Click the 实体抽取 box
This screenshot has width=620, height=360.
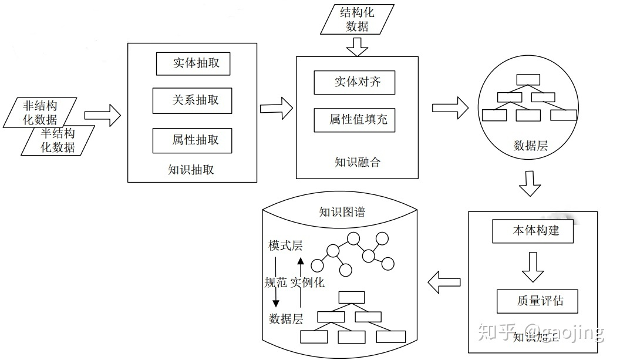coord(193,63)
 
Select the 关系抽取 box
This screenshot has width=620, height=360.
coord(193,100)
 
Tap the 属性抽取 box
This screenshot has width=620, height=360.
coord(193,140)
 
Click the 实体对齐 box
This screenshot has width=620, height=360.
coord(354,82)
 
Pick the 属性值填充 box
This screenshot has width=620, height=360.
coord(354,120)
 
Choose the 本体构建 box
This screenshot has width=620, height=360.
coord(533,231)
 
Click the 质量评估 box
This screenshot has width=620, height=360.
coord(537,301)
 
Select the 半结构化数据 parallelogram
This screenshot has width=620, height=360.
coord(58,141)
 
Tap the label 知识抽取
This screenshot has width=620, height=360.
coord(191,170)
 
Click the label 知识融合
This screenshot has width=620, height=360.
coord(358,162)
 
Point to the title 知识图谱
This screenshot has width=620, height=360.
coord(342,212)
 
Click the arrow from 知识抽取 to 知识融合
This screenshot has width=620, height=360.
coord(276,107)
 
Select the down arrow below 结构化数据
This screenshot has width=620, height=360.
coord(357,46)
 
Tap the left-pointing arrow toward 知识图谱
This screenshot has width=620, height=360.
coord(444,282)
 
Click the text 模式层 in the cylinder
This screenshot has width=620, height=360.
coord(285,245)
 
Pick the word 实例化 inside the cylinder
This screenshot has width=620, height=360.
coord(307,282)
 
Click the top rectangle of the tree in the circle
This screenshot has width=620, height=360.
coord(527,80)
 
